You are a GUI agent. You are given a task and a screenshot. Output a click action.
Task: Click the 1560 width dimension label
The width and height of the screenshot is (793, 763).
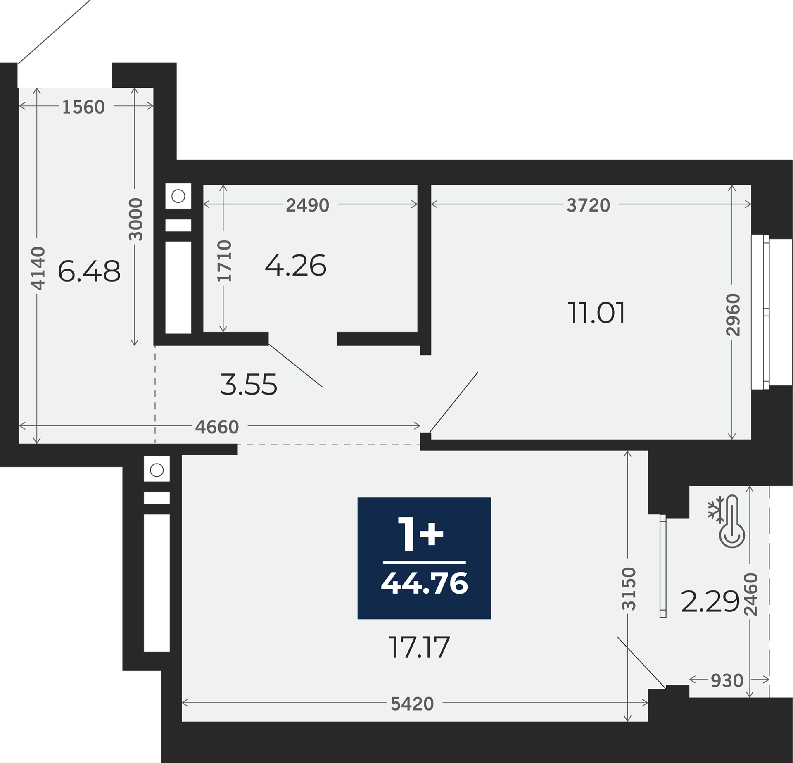click(83, 107)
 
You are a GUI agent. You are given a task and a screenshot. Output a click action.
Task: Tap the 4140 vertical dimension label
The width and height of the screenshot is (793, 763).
click(38, 268)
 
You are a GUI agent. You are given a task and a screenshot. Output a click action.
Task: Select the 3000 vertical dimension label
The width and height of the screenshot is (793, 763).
click(135, 219)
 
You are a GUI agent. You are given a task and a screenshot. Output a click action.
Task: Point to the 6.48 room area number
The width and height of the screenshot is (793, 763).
click(89, 271)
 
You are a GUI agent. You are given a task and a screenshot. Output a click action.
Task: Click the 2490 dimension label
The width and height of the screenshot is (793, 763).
click(308, 205)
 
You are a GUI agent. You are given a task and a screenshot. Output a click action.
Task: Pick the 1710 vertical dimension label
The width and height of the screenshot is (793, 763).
click(224, 261)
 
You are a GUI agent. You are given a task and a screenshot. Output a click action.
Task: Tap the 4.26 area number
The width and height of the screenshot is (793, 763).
click(296, 265)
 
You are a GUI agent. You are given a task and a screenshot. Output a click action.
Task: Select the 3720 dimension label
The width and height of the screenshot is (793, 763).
click(588, 205)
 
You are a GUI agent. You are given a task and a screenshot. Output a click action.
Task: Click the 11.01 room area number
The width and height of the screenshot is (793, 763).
click(596, 313)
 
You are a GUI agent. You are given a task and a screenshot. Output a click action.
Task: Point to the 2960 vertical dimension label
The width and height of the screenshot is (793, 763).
click(733, 315)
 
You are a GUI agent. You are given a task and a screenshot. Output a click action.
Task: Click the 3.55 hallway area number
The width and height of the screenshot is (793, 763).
click(249, 385)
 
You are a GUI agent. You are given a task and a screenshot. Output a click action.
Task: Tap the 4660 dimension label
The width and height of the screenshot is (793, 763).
click(217, 427)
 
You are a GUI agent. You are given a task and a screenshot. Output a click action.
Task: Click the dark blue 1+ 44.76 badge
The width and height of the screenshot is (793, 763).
click(424, 558)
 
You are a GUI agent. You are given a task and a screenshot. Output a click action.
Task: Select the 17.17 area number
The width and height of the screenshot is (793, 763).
click(419, 647)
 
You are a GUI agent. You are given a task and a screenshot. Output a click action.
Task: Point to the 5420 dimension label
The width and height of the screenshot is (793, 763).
click(412, 704)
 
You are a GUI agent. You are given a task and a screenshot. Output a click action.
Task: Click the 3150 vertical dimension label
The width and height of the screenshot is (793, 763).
click(629, 589)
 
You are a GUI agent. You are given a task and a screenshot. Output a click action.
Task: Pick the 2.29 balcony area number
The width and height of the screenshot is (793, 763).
click(710, 601)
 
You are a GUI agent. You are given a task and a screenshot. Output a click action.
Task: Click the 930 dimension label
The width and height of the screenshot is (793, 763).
click(727, 681)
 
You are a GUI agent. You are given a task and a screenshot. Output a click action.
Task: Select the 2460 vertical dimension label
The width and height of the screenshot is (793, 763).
click(751, 594)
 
